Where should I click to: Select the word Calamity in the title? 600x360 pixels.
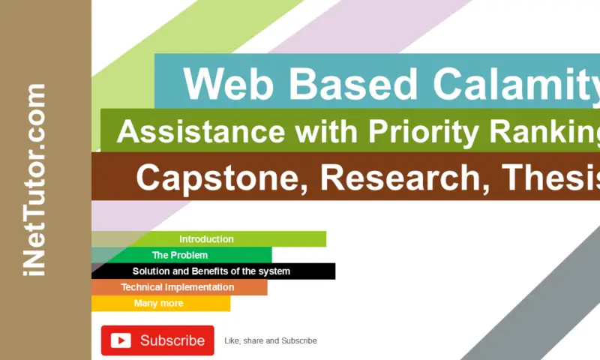(517, 84)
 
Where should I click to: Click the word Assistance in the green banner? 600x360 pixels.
(200, 132)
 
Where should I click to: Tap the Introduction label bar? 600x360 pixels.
(206, 239)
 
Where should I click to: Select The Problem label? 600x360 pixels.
(180, 255)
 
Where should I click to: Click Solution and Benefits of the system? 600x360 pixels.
(211, 271)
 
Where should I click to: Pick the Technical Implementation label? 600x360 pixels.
(178, 287)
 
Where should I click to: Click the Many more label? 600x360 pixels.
(158, 303)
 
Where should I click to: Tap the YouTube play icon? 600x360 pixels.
(121, 340)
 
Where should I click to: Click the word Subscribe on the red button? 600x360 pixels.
(172, 340)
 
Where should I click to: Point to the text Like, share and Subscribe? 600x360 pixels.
(271, 340)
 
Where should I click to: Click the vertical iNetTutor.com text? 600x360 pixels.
(35, 180)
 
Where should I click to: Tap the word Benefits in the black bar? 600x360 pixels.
(211, 271)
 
